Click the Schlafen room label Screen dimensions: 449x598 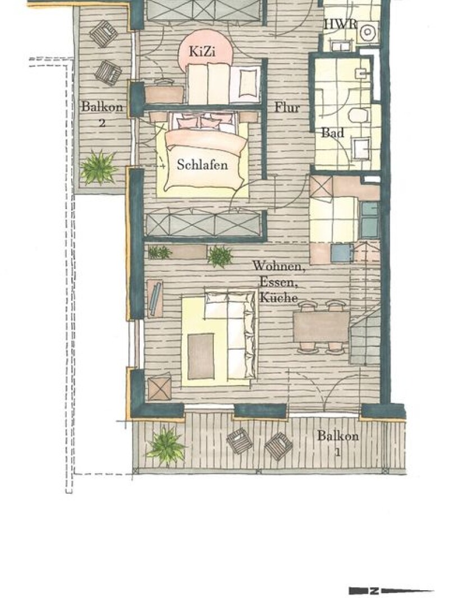pyautogui.click(x=203, y=165)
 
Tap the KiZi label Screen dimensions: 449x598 pyautogui.click(x=202, y=51)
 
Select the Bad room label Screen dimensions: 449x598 pyautogui.click(x=332, y=132)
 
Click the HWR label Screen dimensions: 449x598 pyautogui.click(x=341, y=24)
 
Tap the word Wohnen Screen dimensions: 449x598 pyautogui.click(x=279, y=266)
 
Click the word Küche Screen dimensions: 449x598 pyautogui.click(x=278, y=297)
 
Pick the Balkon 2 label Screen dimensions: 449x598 pyautogui.click(x=102, y=114)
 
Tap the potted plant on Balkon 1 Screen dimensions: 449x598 pyautogui.click(x=166, y=446)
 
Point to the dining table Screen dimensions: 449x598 pyautogui.click(x=321, y=327)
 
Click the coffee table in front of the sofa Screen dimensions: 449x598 pyautogui.click(x=201, y=356)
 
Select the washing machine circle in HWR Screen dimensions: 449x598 pyautogui.click(x=367, y=32)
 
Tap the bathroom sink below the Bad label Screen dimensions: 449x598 pyautogui.click(x=361, y=149)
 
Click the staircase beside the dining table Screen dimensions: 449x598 pyautogui.click(x=365, y=302)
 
